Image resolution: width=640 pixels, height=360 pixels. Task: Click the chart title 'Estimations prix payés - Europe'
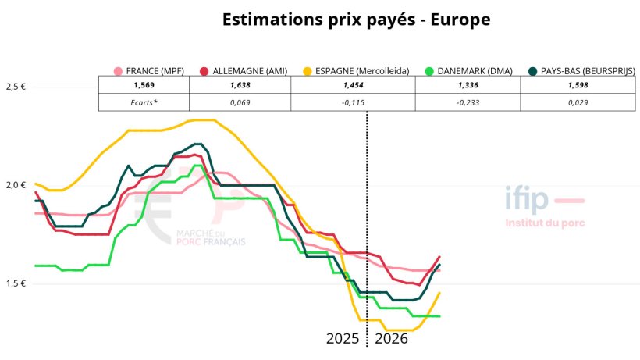click(356, 20)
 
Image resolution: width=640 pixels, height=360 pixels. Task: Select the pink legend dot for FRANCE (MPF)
click(119, 71)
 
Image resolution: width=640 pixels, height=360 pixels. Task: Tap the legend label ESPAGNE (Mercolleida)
click(362, 71)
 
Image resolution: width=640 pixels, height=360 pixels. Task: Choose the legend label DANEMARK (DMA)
click(475, 71)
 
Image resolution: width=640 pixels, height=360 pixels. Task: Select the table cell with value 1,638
click(240, 85)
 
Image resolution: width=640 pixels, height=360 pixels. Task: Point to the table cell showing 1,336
click(467, 85)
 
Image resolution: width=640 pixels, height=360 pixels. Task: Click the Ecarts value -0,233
click(467, 102)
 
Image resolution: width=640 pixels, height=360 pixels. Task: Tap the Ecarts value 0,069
click(240, 102)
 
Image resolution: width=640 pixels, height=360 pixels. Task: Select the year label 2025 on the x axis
click(343, 340)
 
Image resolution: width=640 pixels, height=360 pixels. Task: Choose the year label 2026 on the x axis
click(392, 340)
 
